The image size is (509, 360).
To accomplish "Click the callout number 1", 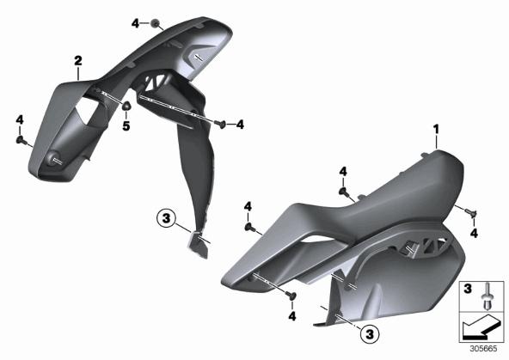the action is click(436, 130).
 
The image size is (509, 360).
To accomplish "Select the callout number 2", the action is click(78, 61).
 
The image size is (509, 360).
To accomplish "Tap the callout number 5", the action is click(126, 125).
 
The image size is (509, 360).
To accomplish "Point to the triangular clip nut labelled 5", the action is click(126, 105).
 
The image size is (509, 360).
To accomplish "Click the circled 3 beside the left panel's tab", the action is click(166, 218).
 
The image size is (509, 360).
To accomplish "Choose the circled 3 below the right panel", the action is click(370, 333).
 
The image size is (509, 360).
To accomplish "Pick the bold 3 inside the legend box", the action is click(468, 289).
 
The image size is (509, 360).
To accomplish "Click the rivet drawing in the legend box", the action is click(486, 296).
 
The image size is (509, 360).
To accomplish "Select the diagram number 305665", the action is click(484, 349).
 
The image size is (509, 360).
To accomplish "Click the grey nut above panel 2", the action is click(155, 23).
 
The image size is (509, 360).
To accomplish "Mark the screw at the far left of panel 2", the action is click(21, 140).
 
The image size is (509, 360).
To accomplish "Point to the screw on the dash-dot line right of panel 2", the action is click(221, 124).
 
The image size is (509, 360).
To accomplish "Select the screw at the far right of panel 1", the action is click(472, 212).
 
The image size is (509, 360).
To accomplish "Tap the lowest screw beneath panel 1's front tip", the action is click(291, 295).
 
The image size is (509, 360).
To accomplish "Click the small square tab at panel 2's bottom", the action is click(197, 244).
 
